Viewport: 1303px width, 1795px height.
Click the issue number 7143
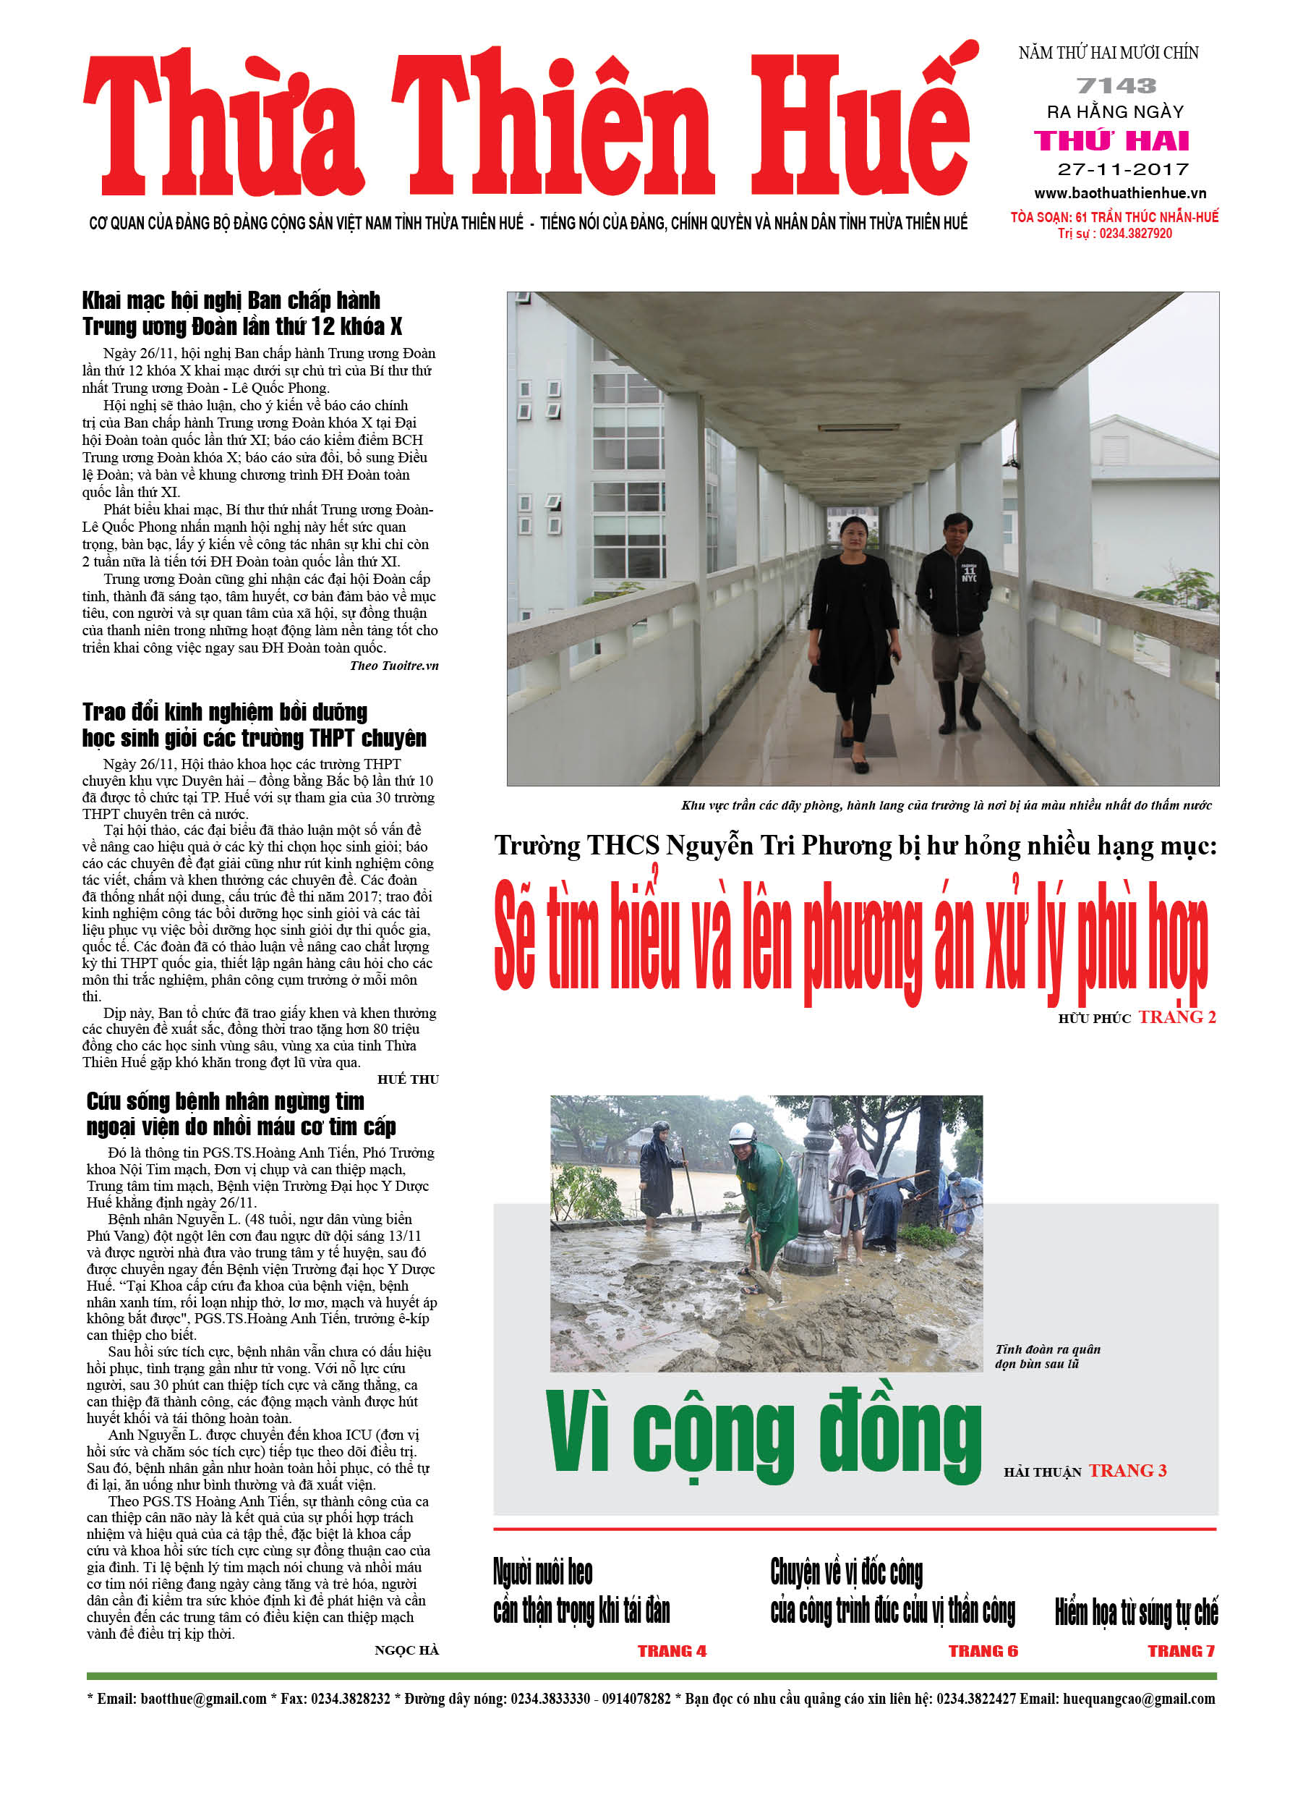pos(1116,85)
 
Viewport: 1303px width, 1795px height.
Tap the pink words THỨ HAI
pos(1111,141)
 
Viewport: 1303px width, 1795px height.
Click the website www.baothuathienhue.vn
pos(1119,193)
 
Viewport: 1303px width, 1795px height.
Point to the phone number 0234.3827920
pos(1135,234)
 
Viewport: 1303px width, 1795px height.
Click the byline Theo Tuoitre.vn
pos(394,666)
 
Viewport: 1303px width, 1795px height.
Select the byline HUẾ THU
pos(409,1079)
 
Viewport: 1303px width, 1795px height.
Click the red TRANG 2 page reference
pos(1176,1018)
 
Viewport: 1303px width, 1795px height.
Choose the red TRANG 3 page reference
pos(1127,1470)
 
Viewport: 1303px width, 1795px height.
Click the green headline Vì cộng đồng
pos(764,1433)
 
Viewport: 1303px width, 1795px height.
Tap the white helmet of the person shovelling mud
pos(743,1132)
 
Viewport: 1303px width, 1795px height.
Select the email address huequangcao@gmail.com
pos(1138,1699)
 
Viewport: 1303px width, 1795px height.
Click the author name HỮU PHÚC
pos(1094,1019)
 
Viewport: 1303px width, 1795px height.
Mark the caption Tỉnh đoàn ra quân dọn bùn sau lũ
pos(1048,1357)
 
